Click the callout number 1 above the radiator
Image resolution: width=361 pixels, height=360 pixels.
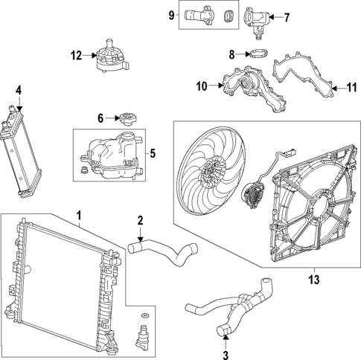coord(78,216)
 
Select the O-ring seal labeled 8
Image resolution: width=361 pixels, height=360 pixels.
coord(256,54)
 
